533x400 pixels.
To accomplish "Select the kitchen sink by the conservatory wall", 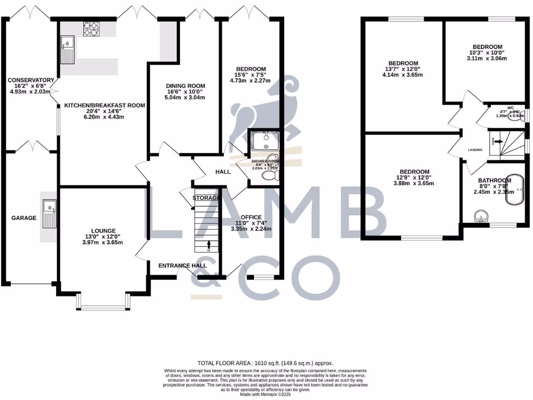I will coord(68,48).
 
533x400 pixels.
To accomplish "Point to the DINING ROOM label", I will coord(185,86).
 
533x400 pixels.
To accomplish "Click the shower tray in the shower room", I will coord(264,141).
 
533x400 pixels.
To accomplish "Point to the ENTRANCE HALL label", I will coord(182,266).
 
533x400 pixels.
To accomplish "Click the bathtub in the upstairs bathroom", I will coord(518,193).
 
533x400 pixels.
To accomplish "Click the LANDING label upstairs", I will coord(475,150).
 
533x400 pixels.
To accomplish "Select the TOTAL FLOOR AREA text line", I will coord(265,363).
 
